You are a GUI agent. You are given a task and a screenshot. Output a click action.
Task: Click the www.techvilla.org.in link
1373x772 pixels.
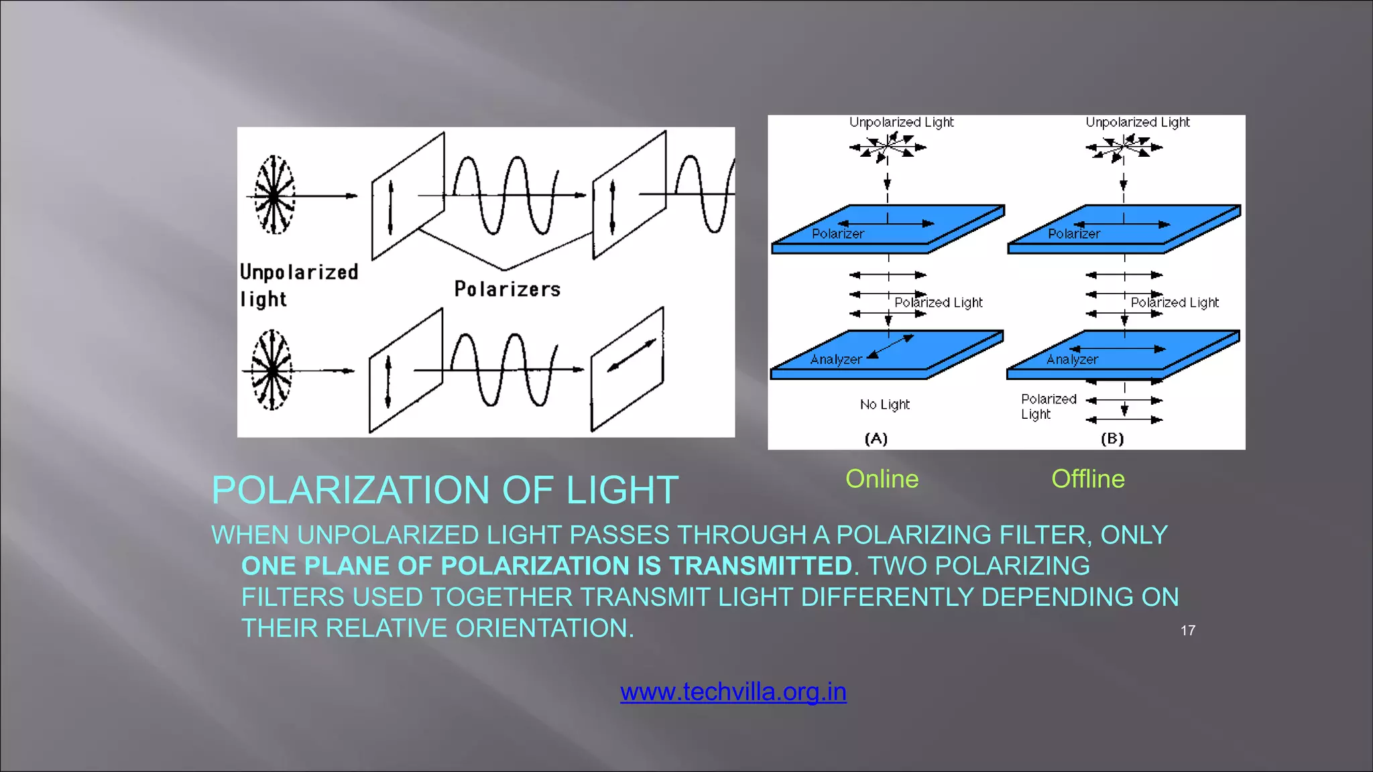click(x=733, y=692)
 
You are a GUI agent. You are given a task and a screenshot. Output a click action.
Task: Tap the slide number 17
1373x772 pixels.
click(x=1187, y=631)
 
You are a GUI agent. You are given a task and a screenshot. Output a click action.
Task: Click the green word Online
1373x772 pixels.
click(x=882, y=479)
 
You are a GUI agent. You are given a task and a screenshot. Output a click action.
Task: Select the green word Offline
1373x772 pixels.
click(x=1087, y=479)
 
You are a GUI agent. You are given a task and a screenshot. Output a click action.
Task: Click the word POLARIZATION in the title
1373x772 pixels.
click(x=352, y=490)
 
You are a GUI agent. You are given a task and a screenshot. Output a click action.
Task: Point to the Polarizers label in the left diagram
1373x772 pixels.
click(x=507, y=289)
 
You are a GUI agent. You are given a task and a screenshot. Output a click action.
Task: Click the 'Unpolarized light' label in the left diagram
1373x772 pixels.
click(x=298, y=285)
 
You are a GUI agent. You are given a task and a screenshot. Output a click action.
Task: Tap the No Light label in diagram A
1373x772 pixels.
click(x=884, y=404)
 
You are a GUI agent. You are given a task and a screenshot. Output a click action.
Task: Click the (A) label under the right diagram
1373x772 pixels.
click(x=876, y=438)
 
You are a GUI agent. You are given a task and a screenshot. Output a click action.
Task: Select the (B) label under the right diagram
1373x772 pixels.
click(x=1112, y=438)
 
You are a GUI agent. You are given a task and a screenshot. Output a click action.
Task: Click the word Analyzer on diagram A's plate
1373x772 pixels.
click(x=835, y=359)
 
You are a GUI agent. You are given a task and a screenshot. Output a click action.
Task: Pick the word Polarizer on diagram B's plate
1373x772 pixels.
click(x=1073, y=234)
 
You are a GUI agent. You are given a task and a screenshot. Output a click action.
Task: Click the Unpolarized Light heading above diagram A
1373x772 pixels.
click(x=901, y=122)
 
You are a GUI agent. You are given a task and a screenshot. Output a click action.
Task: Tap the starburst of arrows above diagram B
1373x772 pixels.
click(x=1124, y=147)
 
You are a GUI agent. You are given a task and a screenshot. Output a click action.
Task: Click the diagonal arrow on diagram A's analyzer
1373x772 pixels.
click(x=890, y=348)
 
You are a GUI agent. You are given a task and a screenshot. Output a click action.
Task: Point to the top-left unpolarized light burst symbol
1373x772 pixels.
click(x=274, y=195)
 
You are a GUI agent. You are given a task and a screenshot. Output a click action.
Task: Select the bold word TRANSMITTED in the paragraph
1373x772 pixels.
click(x=760, y=566)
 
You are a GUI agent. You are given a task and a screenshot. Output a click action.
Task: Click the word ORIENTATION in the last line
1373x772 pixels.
click(x=543, y=629)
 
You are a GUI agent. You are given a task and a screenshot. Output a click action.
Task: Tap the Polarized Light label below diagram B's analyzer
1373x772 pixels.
click(x=1048, y=406)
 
